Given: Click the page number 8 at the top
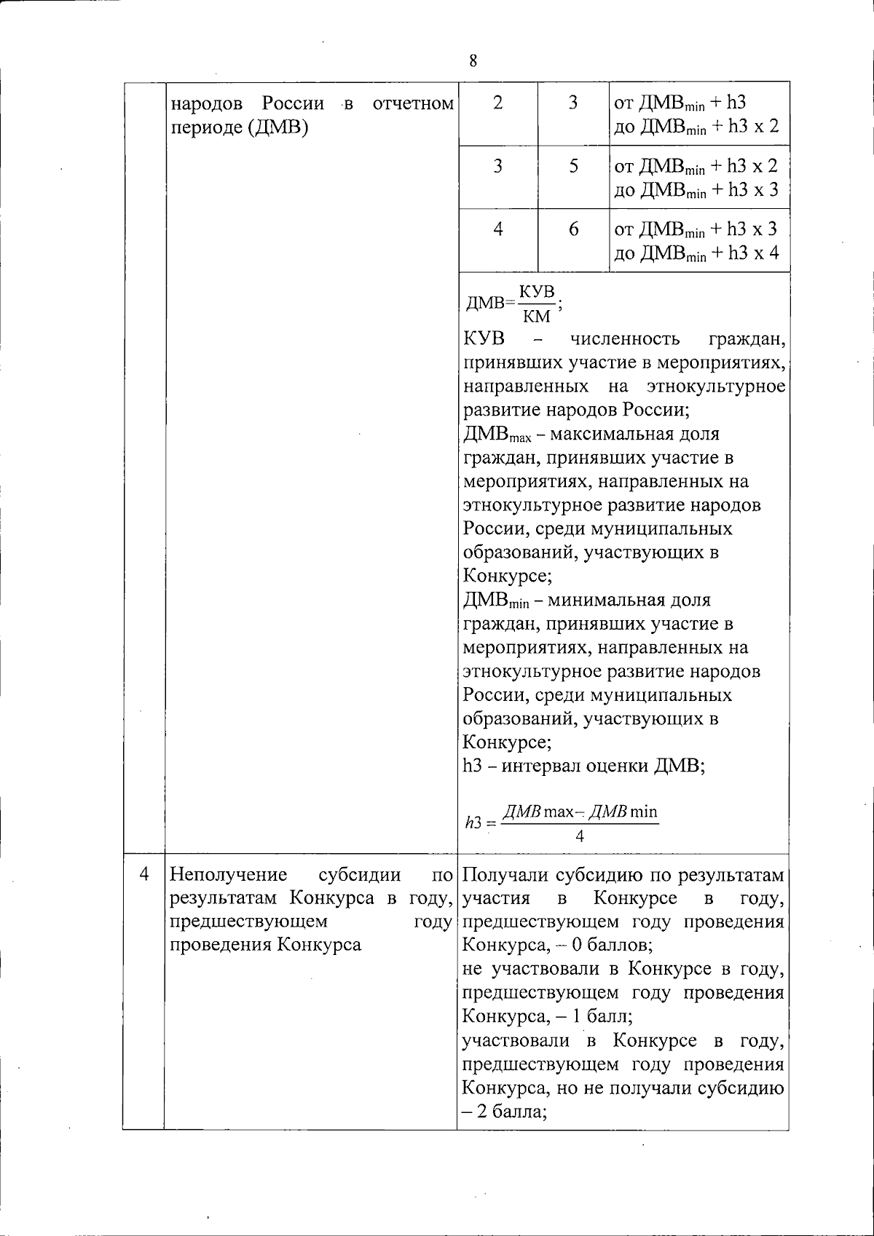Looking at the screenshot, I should click(473, 61).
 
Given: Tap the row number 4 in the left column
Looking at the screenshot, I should click(144, 873).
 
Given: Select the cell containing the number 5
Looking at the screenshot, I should click(574, 167).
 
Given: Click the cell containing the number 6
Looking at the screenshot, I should click(574, 230).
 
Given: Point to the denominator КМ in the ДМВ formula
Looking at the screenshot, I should click(537, 316).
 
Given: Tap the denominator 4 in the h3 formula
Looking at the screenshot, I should click(580, 836).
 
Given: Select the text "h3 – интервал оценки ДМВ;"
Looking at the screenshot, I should click(583, 766).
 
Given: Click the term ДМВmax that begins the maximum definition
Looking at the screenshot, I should click(497, 435).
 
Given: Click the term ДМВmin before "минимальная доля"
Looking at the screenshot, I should click(495, 601).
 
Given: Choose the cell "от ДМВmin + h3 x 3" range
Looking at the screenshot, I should click(696, 230).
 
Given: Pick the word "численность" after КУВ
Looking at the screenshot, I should click(624, 339).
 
